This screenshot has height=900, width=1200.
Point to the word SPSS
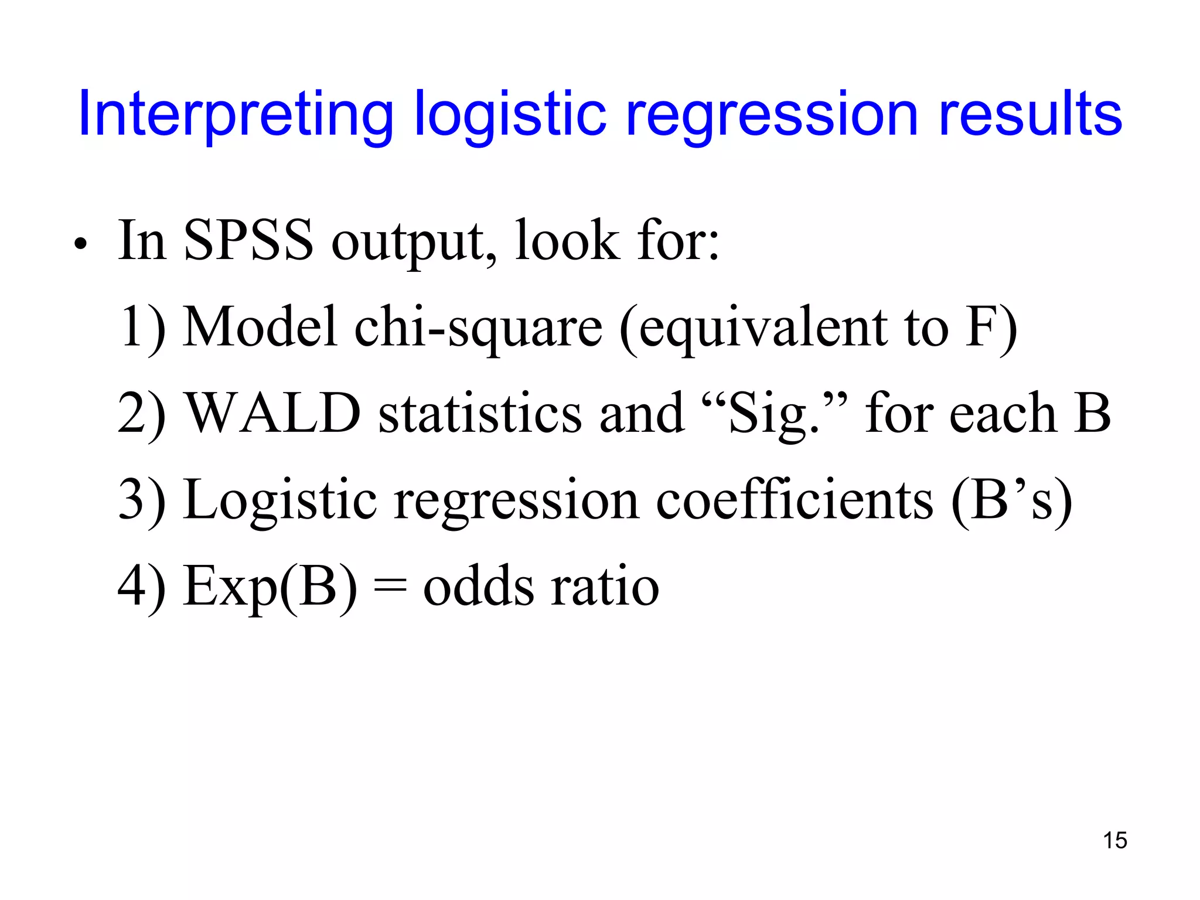point(248,240)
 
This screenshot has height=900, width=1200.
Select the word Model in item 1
point(260,326)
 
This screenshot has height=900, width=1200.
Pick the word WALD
point(272,413)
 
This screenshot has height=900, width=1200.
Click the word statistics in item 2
point(480,413)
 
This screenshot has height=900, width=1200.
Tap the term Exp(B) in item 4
point(270,587)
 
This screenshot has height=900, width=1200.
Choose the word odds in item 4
point(478,587)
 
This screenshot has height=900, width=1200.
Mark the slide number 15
point(1114,840)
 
